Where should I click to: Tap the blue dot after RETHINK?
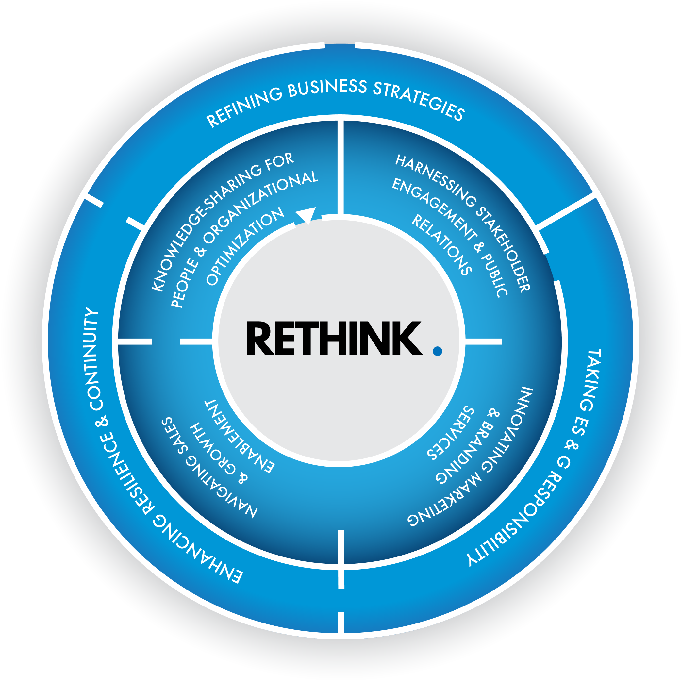(x=438, y=351)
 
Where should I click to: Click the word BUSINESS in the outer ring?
(x=327, y=88)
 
